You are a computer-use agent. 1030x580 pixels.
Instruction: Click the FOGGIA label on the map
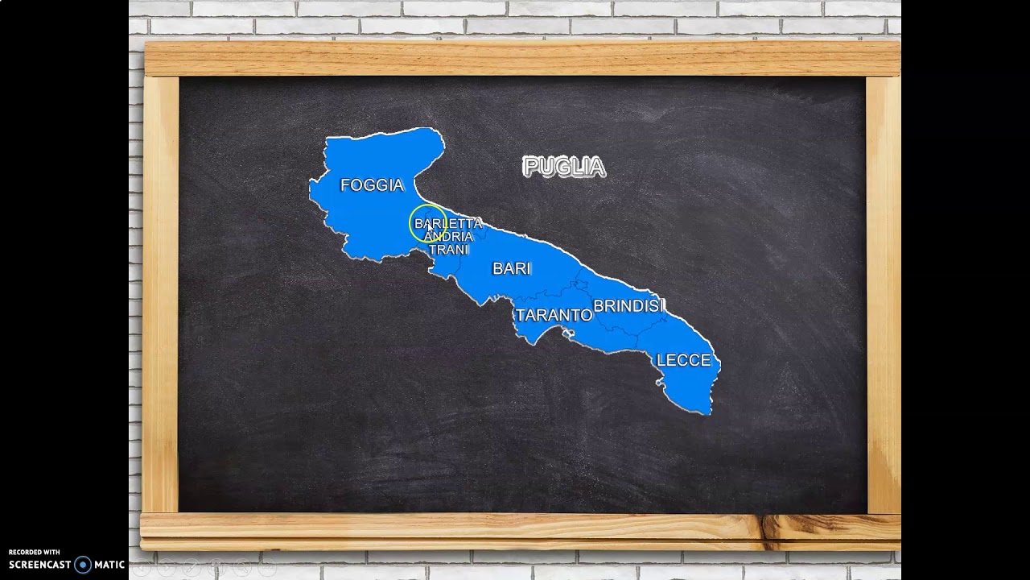point(372,185)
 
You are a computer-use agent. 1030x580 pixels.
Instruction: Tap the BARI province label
point(512,268)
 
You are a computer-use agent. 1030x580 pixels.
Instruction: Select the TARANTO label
point(554,315)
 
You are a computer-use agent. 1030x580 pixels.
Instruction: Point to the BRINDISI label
point(629,306)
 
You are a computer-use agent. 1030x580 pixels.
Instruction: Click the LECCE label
point(684,360)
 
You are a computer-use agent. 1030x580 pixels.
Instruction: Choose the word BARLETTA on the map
point(448,223)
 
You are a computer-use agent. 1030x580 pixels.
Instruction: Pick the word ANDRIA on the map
point(448,237)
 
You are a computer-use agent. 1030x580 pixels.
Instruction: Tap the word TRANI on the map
point(448,250)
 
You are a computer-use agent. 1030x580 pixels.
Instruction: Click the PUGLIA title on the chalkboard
point(563,167)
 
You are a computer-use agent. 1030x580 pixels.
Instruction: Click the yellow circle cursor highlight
point(426,226)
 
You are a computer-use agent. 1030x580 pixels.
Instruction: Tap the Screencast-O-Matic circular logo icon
point(83,565)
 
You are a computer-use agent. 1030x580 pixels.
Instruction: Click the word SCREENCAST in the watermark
point(40,565)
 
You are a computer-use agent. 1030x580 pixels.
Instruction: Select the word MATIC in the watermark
point(109,565)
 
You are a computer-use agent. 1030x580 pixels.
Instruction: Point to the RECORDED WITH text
point(34,553)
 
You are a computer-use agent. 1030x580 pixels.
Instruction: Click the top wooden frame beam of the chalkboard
point(521,58)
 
